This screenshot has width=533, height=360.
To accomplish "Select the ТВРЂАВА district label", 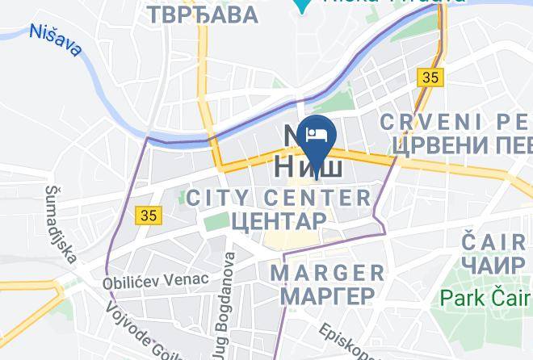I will point(203,14).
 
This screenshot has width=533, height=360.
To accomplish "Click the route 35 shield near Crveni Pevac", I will point(429,77).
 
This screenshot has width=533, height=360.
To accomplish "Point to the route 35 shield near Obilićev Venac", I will point(149,216).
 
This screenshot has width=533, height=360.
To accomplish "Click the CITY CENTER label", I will point(279,197).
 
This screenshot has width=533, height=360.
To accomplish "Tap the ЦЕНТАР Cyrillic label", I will point(279,220).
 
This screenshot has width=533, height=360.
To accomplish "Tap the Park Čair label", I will point(484,298).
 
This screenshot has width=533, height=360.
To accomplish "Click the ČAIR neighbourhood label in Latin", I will point(495,241).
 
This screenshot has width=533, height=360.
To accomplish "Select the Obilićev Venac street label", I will point(155,280).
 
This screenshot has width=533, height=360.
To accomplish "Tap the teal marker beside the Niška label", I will point(302,5).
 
